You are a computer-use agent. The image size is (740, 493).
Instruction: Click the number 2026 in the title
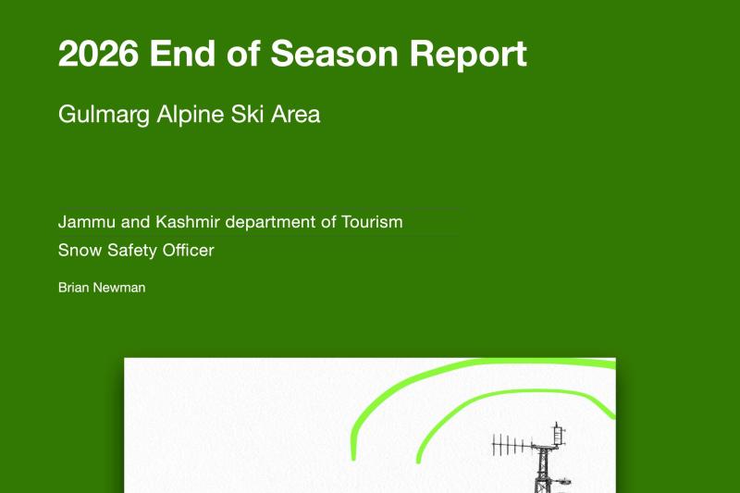98,53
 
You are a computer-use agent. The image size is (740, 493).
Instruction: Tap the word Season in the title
334,53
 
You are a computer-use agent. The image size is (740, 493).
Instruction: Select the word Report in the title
468,55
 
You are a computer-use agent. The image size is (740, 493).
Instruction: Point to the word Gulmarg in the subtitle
104,115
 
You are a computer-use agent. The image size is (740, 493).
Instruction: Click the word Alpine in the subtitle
191,115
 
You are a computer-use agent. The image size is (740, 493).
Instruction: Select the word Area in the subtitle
295,114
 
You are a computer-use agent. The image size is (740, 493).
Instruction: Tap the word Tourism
372,222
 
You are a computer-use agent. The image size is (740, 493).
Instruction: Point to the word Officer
188,250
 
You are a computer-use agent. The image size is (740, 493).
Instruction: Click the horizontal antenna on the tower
513,445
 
